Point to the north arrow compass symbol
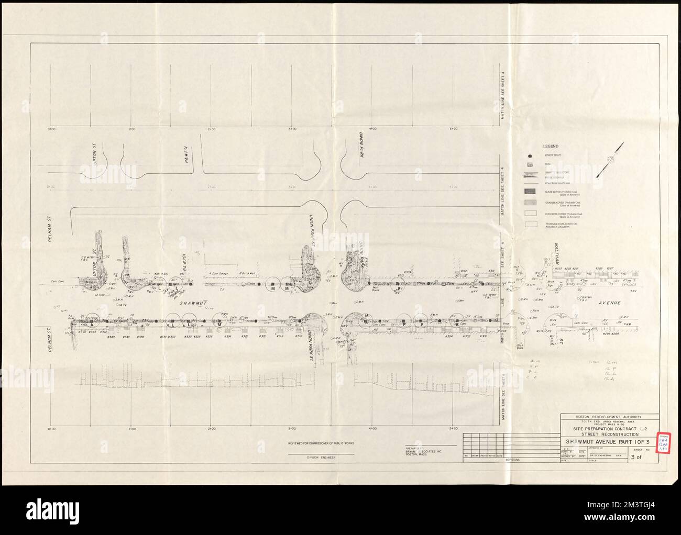(x=611, y=159)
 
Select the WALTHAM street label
(x=552, y=256)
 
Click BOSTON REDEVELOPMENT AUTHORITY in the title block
(x=609, y=417)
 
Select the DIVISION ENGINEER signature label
(x=321, y=458)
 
